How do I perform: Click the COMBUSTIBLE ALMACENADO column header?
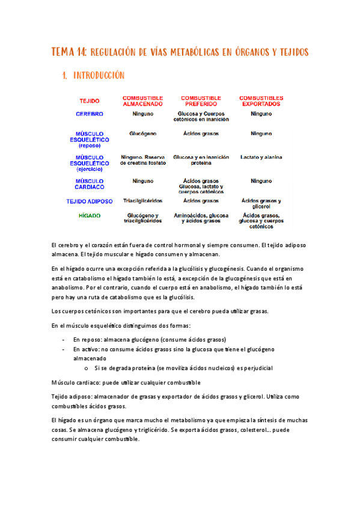pyautogui.click(x=143, y=100)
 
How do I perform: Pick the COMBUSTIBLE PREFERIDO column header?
pyautogui.click(x=201, y=100)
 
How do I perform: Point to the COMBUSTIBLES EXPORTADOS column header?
pyautogui.click(x=261, y=100)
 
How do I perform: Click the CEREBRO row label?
pyautogui.click(x=90, y=114)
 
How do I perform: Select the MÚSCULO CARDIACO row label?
pyautogui.click(x=90, y=183)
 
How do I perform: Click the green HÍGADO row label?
pyautogui.click(x=90, y=215)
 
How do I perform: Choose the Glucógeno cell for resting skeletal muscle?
pyautogui.click(x=143, y=133)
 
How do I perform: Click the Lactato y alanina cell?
pyautogui.click(x=261, y=158)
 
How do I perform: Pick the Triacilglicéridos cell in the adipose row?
pyautogui.click(x=143, y=201)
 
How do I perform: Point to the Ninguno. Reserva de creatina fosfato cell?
pyautogui.click(x=143, y=160)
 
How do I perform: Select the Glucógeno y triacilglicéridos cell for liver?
pyautogui.click(x=143, y=218)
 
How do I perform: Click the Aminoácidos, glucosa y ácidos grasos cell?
pyautogui.click(x=201, y=218)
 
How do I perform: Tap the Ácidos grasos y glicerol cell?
pyautogui.click(x=261, y=203)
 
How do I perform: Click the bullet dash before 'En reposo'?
pyautogui.click(x=64, y=340)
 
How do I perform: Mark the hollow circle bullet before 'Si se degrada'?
pyautogui.click(x=87, y=367)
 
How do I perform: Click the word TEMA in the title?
pyautogui.click(x=63, y=52)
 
